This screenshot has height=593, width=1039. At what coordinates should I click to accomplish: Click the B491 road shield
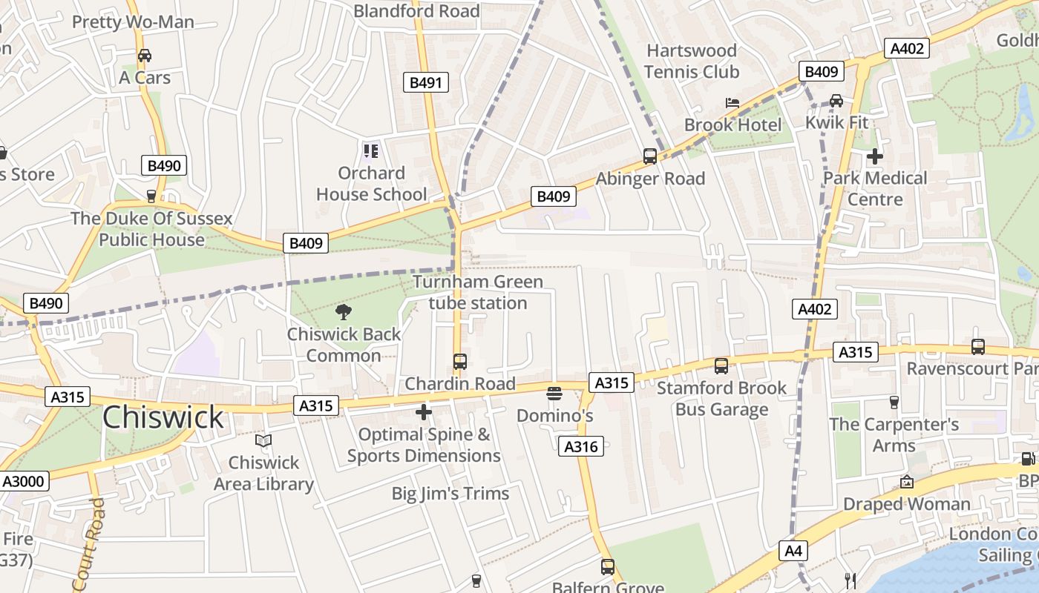[426, 82]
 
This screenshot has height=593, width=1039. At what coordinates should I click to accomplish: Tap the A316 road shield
[581, 446]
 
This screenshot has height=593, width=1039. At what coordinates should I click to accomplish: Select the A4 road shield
[793, 551]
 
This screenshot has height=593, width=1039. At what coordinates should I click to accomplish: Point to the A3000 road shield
[24, 481]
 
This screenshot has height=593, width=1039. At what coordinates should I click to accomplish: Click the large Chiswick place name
[163, 417]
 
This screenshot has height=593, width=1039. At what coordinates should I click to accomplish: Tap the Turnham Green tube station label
[478, 292]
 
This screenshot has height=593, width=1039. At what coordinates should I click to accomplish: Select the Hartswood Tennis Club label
[691, 61]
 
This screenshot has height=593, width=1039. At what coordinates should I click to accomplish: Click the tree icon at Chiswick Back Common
[343, 312]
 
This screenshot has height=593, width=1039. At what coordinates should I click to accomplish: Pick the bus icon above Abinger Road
[650, 156]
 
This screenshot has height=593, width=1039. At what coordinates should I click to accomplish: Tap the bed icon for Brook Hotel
[732, 102]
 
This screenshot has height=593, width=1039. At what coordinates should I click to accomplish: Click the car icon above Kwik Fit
[836, 100]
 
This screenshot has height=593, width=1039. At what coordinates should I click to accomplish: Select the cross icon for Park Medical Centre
[875, 156]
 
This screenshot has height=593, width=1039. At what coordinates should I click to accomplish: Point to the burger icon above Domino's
[554, 394]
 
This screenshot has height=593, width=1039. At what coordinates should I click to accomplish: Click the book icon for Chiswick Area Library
[263, 441]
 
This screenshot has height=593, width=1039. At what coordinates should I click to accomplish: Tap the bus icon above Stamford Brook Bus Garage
[721, 365]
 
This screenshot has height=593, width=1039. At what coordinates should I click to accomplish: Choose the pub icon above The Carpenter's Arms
[894, 402]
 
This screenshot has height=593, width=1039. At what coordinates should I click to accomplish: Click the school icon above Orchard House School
[371, 151]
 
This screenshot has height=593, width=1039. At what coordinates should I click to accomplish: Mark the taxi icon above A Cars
[145, 56]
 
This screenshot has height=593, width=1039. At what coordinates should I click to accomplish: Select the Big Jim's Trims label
[450, 494]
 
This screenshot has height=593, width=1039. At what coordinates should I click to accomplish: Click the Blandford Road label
[416, 11]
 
